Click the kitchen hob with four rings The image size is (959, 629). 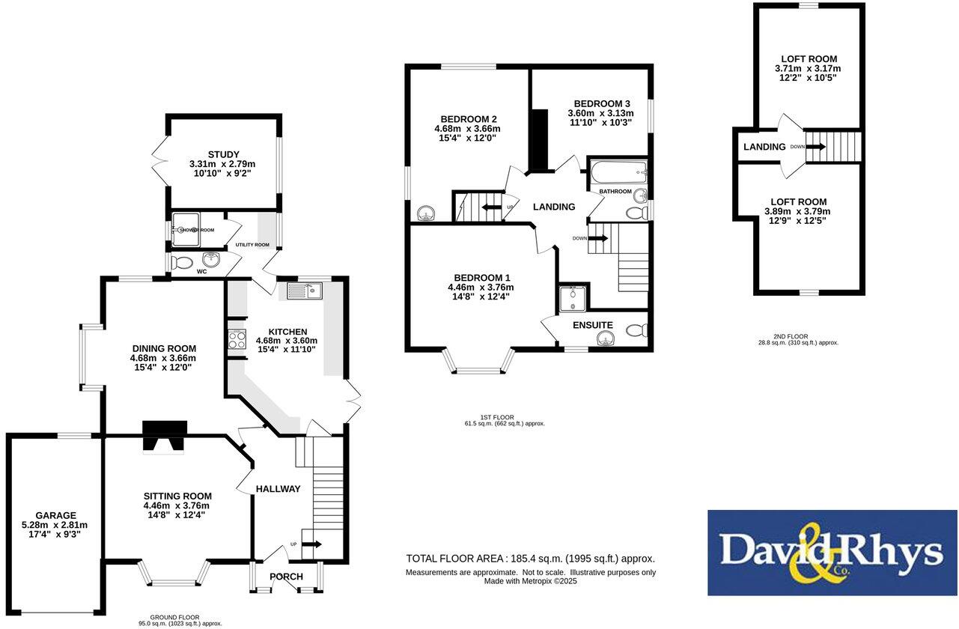point(237,341)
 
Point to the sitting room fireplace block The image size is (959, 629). point(165,437)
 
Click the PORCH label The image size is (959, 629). point(286,577)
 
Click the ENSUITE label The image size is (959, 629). point(593,326)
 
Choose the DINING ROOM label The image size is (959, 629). point(164,348)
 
